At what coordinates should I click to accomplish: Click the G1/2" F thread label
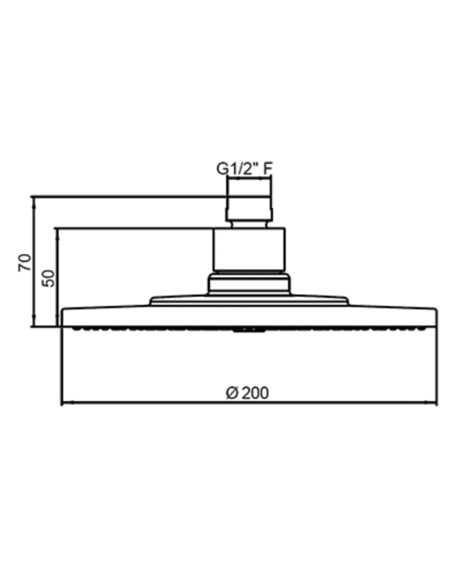pos(244,169)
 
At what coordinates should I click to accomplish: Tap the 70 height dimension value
pos(25,262)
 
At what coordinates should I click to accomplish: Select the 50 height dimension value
pos(49,278)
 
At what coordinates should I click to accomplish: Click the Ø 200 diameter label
pos(247,393)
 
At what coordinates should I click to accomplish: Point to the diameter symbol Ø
pos(232,393)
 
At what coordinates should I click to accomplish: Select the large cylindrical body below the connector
pos(249,250)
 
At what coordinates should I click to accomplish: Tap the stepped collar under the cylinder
pos(249,284)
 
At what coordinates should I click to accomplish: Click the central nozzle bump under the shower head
pos(249,330)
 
